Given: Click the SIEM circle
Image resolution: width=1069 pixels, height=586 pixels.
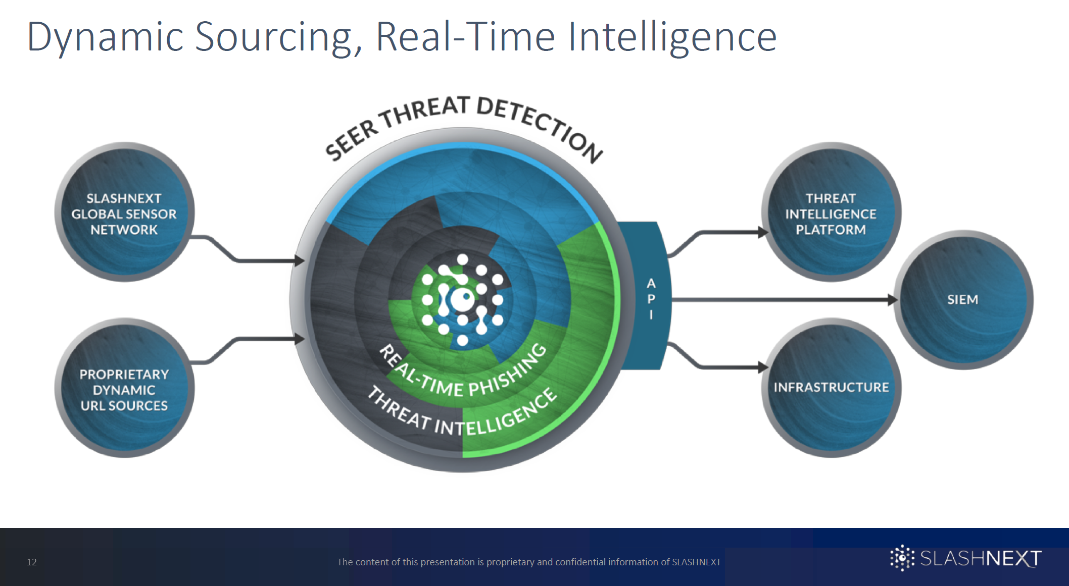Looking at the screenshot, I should tap(963, 300).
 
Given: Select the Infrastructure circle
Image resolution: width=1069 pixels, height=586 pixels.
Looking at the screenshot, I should tap(831, 388).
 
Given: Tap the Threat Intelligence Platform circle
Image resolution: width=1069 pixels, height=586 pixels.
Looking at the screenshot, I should tap(831, 213).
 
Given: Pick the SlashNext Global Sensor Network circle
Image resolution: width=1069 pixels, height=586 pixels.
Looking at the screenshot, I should tap(124, 213).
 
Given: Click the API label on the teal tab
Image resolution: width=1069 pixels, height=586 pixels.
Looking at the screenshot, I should tap(651, 299).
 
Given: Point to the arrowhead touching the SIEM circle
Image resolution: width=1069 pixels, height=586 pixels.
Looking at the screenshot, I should tap(892, 300).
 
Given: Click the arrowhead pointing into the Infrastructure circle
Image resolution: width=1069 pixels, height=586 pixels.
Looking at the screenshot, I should tap(763, 367).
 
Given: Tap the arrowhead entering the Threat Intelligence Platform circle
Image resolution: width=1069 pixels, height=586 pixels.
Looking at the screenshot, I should tap(763, 233).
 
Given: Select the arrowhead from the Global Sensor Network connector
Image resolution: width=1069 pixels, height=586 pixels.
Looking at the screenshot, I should tap(300, 260).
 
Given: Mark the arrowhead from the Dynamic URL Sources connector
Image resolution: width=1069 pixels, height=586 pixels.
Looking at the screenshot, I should tap(300, 339).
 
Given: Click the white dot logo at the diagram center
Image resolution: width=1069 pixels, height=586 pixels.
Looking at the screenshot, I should tap(462, 300).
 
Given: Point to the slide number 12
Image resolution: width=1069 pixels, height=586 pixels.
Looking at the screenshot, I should tap(31, 562).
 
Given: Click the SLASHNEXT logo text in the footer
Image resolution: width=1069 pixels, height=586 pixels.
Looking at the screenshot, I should tap(980, 558).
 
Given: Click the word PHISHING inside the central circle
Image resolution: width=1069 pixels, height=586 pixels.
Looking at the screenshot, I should tap(508, 371).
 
